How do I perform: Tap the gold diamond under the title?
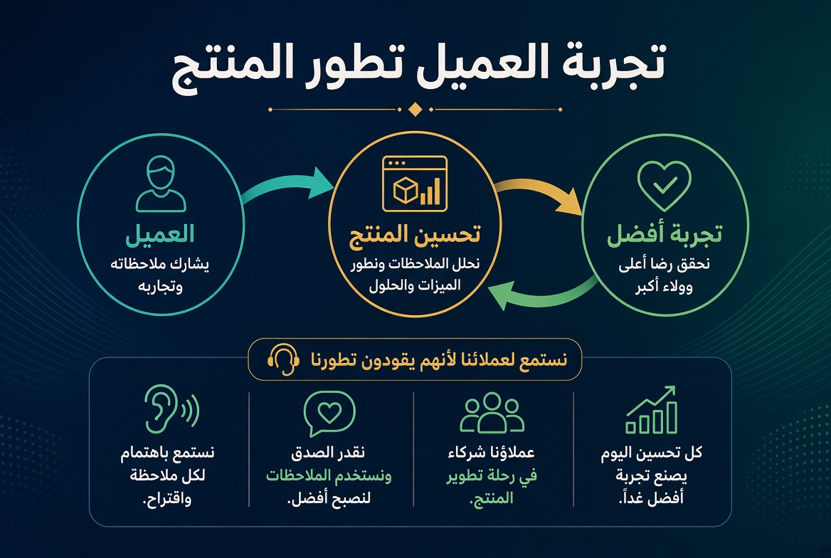415,110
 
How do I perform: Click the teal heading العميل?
160,234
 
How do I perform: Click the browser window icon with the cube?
415,184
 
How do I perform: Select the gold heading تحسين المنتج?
415,234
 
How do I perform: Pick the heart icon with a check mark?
664,186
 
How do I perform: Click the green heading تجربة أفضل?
665,234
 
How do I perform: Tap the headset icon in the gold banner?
284,359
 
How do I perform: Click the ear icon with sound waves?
171,409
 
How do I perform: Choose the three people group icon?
492,412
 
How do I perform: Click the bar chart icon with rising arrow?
651,410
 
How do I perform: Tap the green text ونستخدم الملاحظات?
329,475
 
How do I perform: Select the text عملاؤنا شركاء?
492,453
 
